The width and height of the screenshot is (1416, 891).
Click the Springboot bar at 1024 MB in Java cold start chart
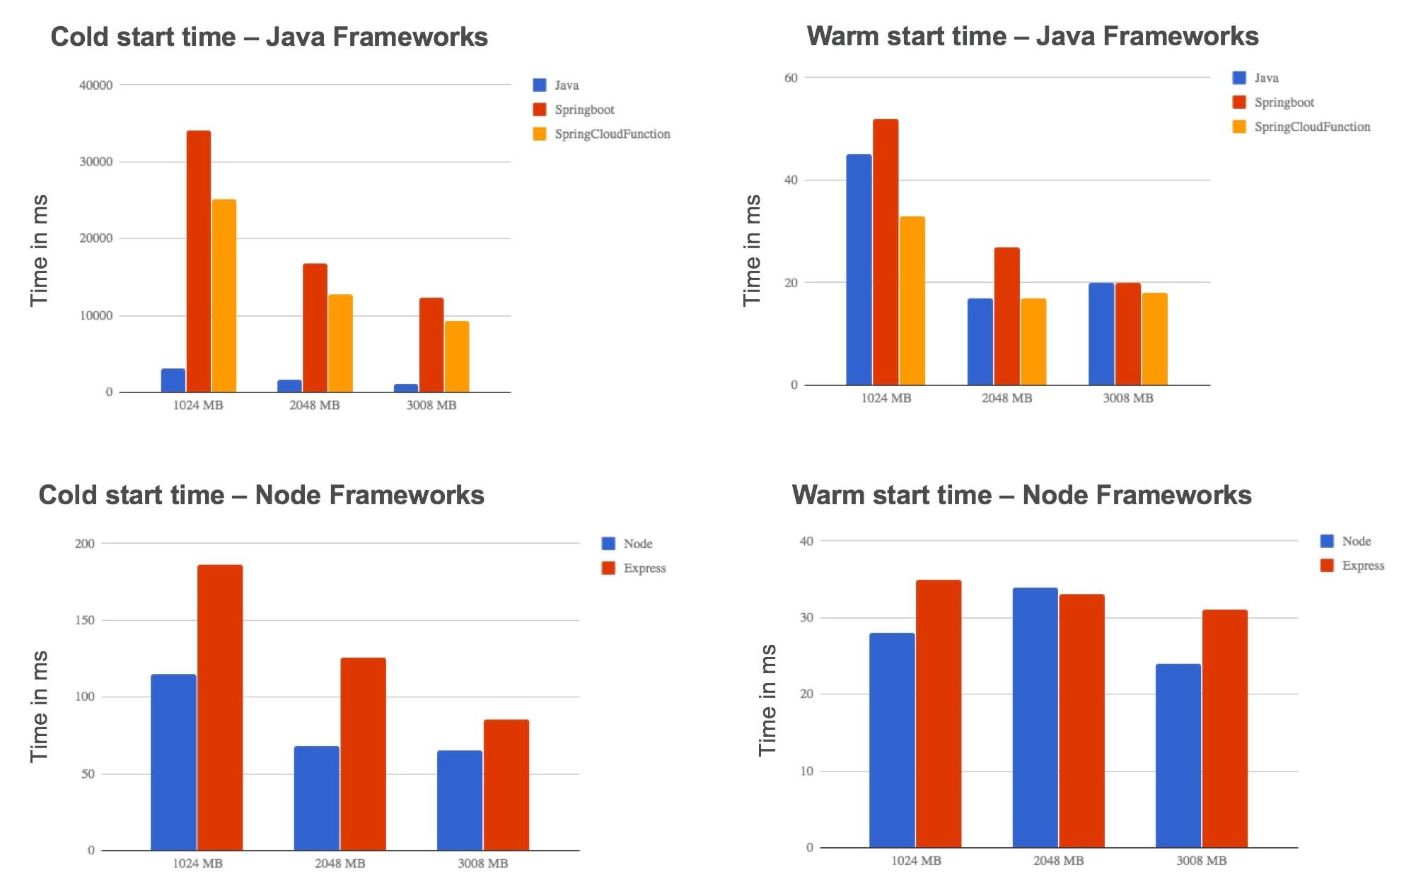point(199,262)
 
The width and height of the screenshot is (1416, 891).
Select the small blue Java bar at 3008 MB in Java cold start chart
point(406,388)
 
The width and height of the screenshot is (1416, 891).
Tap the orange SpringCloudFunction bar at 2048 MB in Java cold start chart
point(340,344)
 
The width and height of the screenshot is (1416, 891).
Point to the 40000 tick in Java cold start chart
point(96,86)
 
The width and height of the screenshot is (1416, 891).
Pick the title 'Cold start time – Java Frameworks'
point(269,37)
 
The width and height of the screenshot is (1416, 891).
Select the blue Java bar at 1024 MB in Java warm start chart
point(859,270)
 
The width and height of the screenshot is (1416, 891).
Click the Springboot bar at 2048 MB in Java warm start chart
point(1006,317)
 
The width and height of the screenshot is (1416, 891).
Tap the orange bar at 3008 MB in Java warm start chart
point(1154,339)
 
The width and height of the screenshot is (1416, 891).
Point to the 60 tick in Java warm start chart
point(791,78)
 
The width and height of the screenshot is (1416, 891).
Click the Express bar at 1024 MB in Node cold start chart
point(220,707)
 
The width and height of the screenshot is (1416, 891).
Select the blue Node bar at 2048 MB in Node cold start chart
point(317,798)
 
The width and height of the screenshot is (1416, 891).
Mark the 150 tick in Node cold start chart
point(84,620)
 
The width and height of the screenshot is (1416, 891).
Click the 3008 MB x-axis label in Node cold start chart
point(482,863)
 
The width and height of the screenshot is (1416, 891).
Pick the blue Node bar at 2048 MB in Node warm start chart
point(1035,718)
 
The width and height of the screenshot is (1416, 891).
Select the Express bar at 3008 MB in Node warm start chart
point(1224,728)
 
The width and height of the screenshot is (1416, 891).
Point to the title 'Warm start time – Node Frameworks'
point(1021,495)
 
